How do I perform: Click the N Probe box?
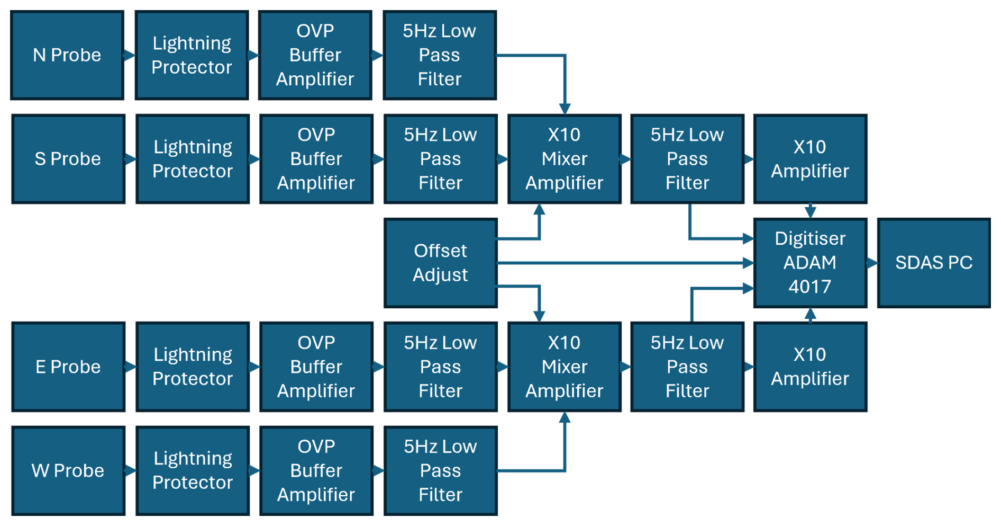tap(67, 55)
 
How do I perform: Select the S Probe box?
tap(68, 159)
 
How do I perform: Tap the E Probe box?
tap(68, 367)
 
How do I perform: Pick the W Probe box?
tap(68, 470)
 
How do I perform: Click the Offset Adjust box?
tap(440, 263)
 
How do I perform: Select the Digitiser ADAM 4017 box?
tap(809, 263)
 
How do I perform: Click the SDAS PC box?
tap(933, 263)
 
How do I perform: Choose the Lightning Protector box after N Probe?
tap(192, 55)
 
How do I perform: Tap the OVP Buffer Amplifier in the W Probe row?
tap(316, 470)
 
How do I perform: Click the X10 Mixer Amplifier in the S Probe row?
tap(564, 159)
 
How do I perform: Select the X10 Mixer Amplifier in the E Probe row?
tap(564, 367)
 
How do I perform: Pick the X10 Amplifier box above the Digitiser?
tap(809, 159)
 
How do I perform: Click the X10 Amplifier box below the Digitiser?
tap(809, 367)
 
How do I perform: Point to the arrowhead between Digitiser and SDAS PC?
tap(872, 263)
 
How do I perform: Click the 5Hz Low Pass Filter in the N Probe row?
tap(439, 55)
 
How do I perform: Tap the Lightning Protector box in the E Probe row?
tap(193, 367)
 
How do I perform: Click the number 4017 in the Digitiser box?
tap(809, 287)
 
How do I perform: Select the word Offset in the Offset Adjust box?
tap(440, 251)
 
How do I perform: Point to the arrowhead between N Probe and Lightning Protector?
tap(129, 55)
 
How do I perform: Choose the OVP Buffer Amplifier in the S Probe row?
tap(316, 159)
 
